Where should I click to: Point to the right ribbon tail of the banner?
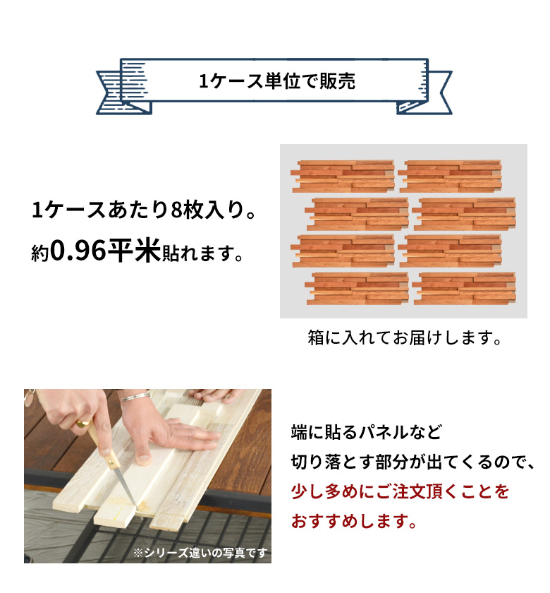[x=427, y=91]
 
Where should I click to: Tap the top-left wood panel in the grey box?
[x=343, y=176]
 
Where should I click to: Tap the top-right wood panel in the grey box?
[x=450, y=176]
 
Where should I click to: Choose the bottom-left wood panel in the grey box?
[x=356, y=288]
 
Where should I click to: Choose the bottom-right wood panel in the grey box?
[x=464, y=288]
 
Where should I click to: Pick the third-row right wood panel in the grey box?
[x=450, y=251]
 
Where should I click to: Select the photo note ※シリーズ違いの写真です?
[x=200, y=552]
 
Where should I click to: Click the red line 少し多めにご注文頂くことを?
[x=400, y=491]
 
